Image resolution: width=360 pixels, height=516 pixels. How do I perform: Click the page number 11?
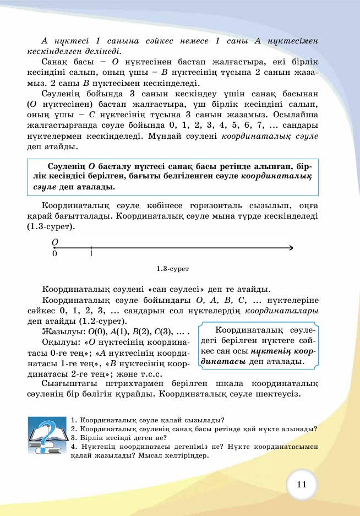(x=301, y=484)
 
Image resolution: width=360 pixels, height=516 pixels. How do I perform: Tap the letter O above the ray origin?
(x=54, y=241)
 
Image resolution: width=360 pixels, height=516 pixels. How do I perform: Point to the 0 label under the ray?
(x=54, y=254)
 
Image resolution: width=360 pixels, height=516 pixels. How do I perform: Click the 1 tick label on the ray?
(x=91, y=254)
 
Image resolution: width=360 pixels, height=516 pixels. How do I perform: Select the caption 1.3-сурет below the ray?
(x=173, y=269)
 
